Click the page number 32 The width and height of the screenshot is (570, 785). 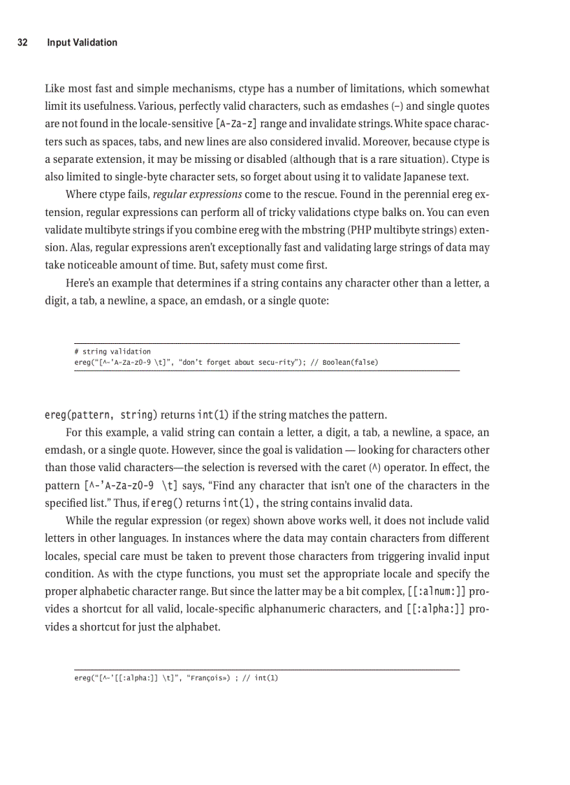pos(22,43)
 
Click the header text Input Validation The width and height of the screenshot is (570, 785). pos(82,43)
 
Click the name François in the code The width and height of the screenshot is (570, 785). pos(208,677)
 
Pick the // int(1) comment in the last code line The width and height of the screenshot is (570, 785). pos(263,677)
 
